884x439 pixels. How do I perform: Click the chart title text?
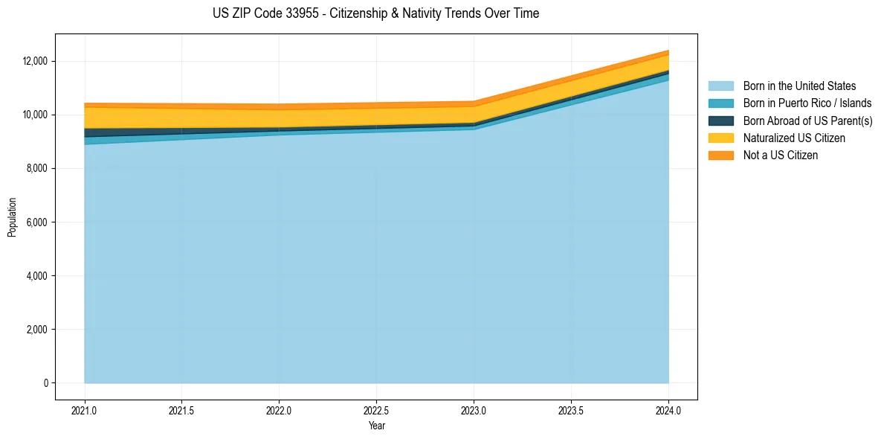click(x=375, y=13)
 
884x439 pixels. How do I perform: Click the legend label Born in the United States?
click(x=799, y=86)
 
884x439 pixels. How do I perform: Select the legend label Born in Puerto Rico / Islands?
click(x=807, y=103)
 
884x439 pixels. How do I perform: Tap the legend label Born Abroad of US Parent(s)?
click(x=807, y=121)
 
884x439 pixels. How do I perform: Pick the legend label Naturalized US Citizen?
click(x=794, y=138)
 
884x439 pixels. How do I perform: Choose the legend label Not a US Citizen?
click(x=781, y=156)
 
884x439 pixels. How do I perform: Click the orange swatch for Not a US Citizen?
click(x=720, y=156)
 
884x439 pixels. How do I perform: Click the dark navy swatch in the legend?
click(x=720, y=121)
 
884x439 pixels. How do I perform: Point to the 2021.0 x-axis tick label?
click(x=85, y=410)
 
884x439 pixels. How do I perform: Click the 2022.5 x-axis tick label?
click(x=376, y=410)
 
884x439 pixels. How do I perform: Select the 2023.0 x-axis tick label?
click(x=474, y=410)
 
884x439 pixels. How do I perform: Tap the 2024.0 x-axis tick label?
click(x=668, y=410)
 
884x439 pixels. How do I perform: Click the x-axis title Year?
click(x=376, y=426)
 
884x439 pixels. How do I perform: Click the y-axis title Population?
click(x=12, y=217)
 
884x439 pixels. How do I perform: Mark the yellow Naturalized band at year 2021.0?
click(x=87, y=118)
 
